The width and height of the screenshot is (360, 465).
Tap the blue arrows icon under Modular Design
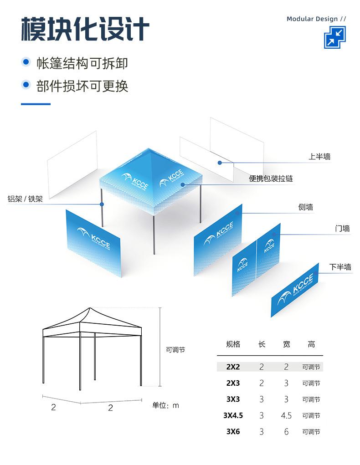(335, 37)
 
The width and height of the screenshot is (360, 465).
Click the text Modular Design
(312, 19)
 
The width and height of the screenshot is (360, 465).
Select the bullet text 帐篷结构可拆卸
(82, 63)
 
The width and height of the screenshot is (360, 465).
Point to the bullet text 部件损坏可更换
(82, 86)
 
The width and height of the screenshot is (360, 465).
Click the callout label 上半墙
(319, 157)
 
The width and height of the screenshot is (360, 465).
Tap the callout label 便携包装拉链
(271, 179)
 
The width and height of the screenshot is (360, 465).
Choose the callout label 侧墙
(306, 207)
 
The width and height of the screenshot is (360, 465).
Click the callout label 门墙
(342, 229)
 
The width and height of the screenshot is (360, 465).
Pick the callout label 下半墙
(340, 267)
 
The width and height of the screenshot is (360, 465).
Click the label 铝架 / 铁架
(25, 199)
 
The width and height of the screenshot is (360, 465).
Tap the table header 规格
(233, 344)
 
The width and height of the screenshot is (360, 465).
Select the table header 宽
(286, 344)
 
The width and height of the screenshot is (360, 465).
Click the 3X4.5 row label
(233, 415)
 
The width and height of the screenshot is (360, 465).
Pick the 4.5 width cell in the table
(286, 415)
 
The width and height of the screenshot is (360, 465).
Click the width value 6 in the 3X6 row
(286, 432)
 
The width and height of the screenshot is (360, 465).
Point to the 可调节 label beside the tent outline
(175, 350)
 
